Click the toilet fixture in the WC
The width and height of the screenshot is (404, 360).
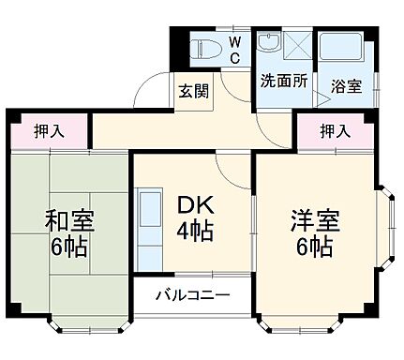click(x=204, y=47)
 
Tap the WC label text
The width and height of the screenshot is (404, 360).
click(x=234, y=50)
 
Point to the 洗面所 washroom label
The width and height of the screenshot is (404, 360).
click(x=284, y=81)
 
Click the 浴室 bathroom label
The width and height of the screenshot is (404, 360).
click(x=347, y=86)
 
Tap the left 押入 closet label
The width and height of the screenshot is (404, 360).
click(x=49, y=130)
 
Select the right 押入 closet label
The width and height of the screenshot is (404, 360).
click(x=336, y=130)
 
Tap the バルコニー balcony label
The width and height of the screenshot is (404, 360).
click(x=193, y=295)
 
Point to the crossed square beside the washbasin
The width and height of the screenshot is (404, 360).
click(x=297, y=44)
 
